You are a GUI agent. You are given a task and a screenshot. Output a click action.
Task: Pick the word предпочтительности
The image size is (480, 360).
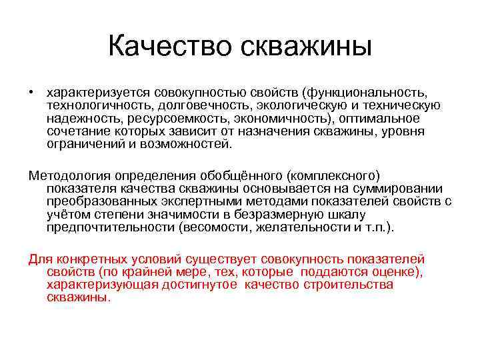pos(111,227)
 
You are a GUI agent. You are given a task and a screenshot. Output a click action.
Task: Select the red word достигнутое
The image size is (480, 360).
pos(203,285)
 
